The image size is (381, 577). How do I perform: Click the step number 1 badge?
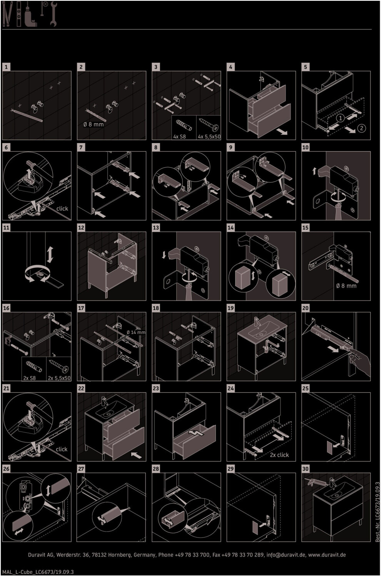[6, 67]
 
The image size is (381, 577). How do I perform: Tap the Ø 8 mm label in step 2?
[93, 124]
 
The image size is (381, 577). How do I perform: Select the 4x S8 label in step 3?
[179, 137]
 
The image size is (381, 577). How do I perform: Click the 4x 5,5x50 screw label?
[209, 137]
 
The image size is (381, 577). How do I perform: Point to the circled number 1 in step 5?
[340, 118]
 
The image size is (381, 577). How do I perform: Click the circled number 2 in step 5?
[361, 128]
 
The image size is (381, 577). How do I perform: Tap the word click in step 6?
[62, 208]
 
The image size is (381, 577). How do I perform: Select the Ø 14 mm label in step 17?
[136, 332]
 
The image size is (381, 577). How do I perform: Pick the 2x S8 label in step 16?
[29, 378]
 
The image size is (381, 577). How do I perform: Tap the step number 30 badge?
[306, 469]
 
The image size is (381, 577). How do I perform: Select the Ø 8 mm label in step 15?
[346, 286]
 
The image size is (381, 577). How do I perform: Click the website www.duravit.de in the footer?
[327, 555]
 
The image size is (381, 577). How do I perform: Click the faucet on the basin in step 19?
[256, 322]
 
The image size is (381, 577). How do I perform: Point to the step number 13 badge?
[156, 228]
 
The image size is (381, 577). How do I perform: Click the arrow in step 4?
[282, 132]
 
